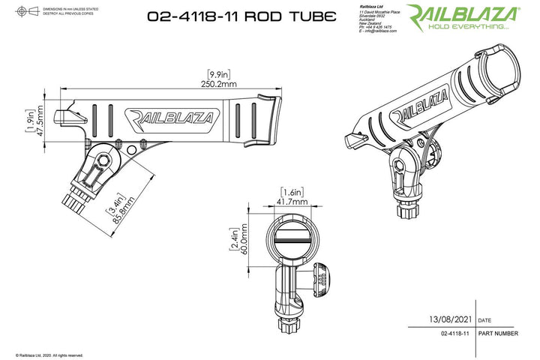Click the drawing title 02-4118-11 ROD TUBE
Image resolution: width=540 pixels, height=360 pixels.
252,16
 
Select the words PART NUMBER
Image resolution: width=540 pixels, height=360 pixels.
496,333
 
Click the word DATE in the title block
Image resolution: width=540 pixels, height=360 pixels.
484,319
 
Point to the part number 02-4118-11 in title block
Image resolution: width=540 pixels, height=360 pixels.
455,333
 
